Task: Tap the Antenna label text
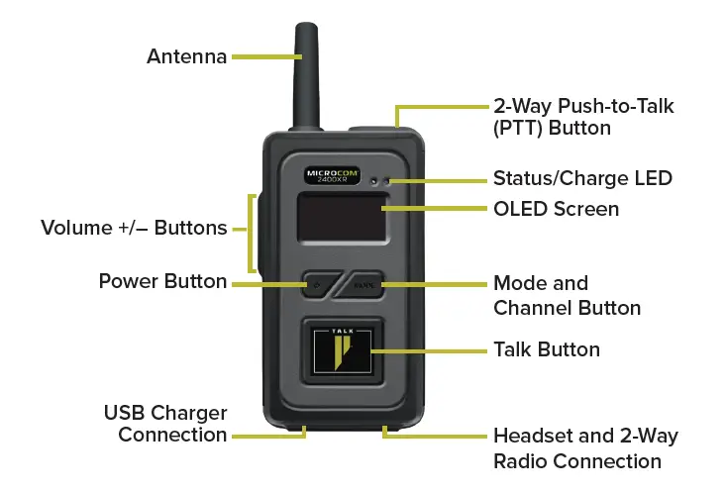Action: click(185, 56)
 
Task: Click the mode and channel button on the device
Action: click(365, 284)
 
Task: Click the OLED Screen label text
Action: click(556, 209)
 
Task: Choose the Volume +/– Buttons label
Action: click(134, 229)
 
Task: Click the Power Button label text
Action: click(162, 281)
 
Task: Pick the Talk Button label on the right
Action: click(547, 349)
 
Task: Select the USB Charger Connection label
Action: click(164, 424)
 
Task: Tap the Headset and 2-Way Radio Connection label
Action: click(585, 448)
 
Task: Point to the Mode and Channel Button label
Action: click(567, 295)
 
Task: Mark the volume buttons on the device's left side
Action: click(257, 233)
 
